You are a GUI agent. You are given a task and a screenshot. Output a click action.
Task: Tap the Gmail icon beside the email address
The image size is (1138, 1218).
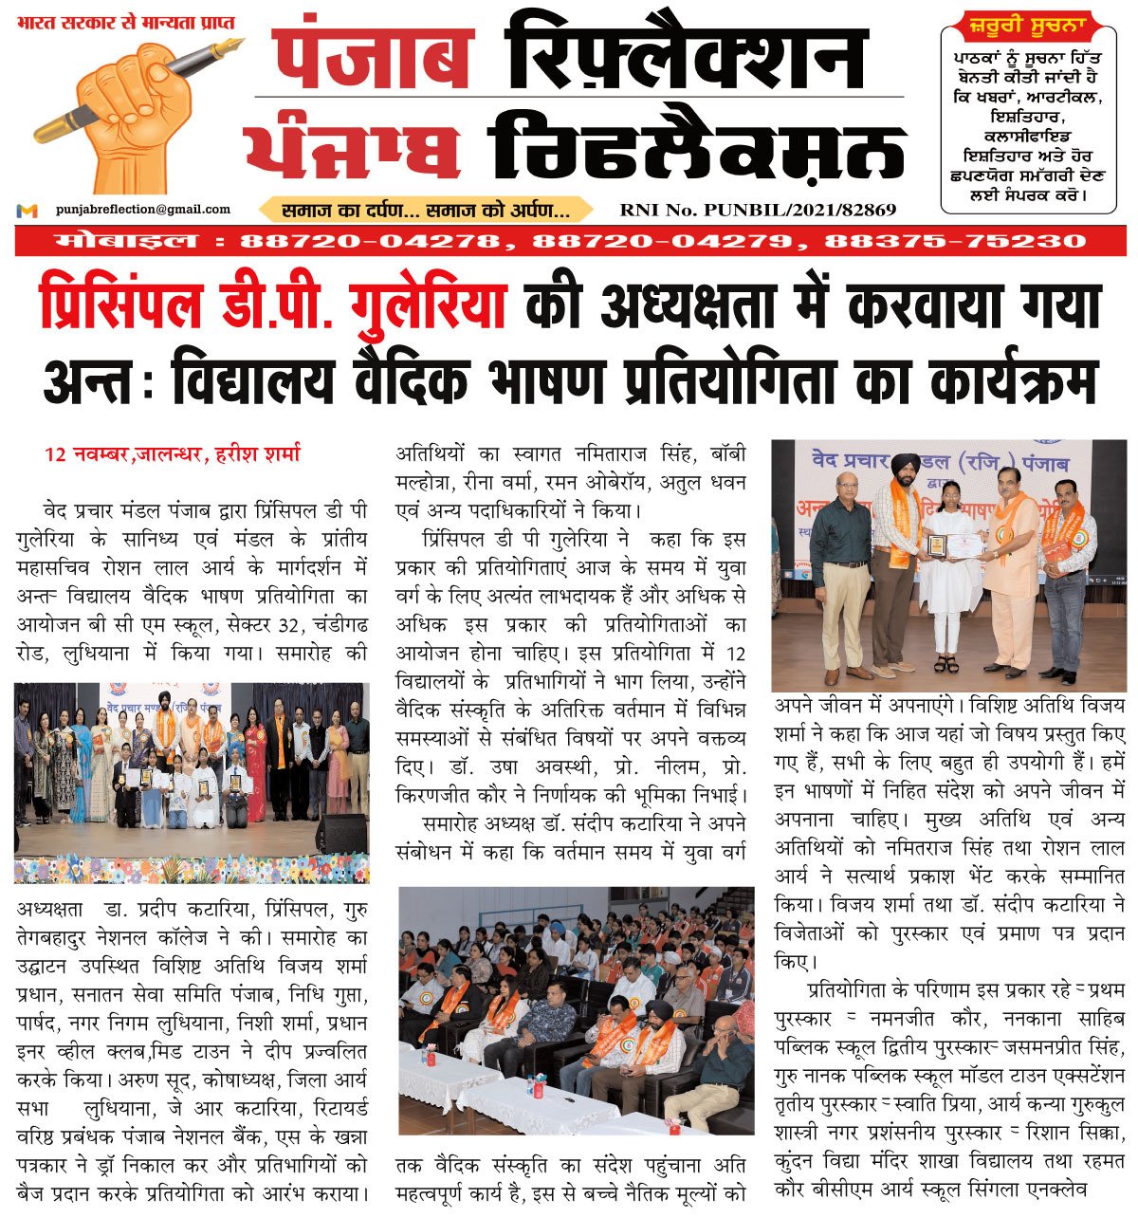point(28,211)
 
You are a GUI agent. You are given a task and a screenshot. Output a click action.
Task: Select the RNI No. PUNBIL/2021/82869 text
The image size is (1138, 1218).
point(758,211)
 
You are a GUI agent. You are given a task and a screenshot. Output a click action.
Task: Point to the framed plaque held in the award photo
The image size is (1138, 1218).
point(937,545)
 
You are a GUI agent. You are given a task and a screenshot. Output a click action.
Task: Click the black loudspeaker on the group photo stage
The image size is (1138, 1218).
point(340,832)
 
